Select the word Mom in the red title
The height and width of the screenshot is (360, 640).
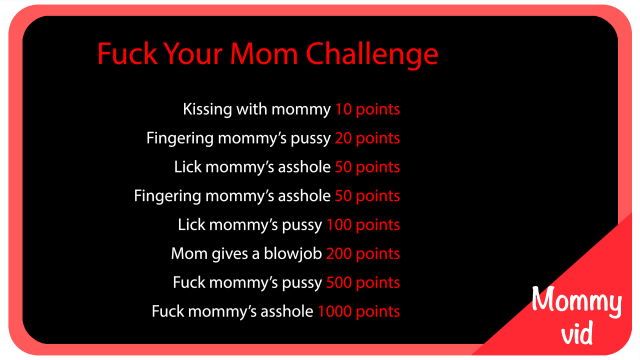pyautogui.click(x=262, y=53)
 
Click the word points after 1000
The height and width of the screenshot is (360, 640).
pyautogui.click(x=379, y=312)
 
